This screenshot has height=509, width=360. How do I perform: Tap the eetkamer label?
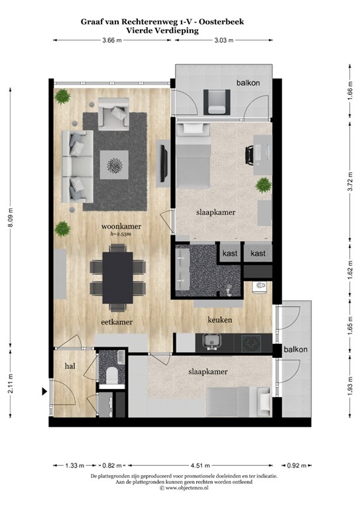118,322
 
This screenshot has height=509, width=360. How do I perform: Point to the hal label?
70,365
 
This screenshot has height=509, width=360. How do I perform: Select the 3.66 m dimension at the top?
112,40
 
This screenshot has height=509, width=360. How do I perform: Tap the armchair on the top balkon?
215,101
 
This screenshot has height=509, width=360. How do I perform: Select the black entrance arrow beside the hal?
45,392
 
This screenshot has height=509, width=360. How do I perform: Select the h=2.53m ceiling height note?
121,234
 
